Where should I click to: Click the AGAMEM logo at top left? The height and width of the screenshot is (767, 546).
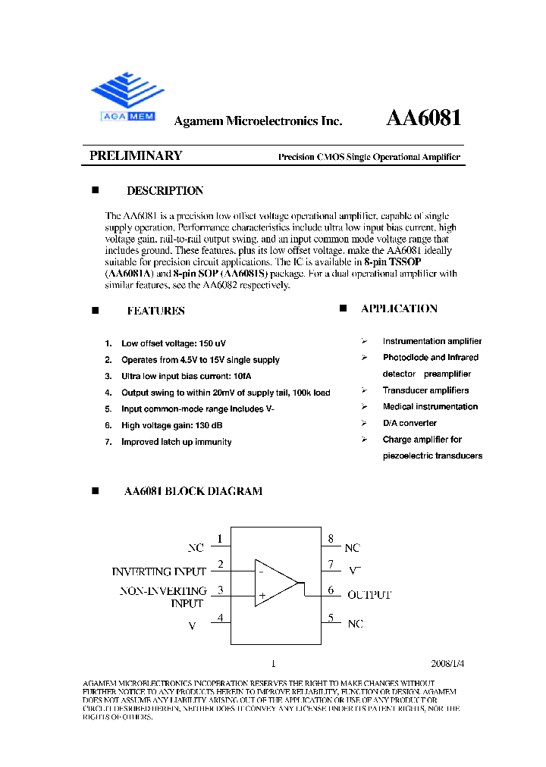(127, 96)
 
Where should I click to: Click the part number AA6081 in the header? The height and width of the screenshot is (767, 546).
(424, 118)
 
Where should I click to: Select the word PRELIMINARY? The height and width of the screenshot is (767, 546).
(136, 156)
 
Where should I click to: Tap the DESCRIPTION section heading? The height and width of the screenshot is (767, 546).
(165, 191)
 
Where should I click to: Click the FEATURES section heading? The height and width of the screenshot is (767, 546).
(155, 311)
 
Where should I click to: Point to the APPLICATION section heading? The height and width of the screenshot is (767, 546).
(399, 308)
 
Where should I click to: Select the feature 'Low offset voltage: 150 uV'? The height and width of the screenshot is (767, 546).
(172, 344)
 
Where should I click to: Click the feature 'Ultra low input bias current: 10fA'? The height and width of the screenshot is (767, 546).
(186, 377)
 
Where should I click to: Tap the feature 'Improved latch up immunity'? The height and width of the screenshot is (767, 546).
(177, 442)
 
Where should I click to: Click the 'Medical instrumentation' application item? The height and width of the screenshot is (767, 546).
(430, 407)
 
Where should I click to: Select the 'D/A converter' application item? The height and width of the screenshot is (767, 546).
(409, 423)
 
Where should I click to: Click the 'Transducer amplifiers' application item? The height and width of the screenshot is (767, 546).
(425, 390)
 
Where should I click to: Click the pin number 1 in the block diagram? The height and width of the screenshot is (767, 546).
(220, 539)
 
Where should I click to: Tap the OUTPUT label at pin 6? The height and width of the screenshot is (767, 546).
(369, 595)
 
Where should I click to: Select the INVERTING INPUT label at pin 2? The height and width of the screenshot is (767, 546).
(159, 571)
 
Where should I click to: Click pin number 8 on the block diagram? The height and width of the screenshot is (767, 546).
(331, 539)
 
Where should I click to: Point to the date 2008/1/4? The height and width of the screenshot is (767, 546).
(448, 662)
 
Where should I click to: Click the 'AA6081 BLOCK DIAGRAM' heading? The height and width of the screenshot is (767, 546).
(193, 491)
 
